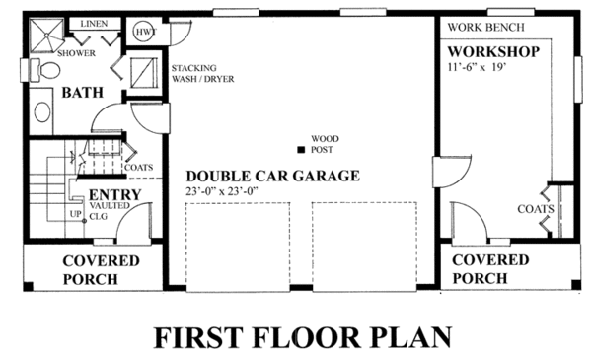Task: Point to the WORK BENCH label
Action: [x=485, y=28]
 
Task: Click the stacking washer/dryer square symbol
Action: [x=144, y=72]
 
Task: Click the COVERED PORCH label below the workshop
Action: [x=490, y=268]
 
